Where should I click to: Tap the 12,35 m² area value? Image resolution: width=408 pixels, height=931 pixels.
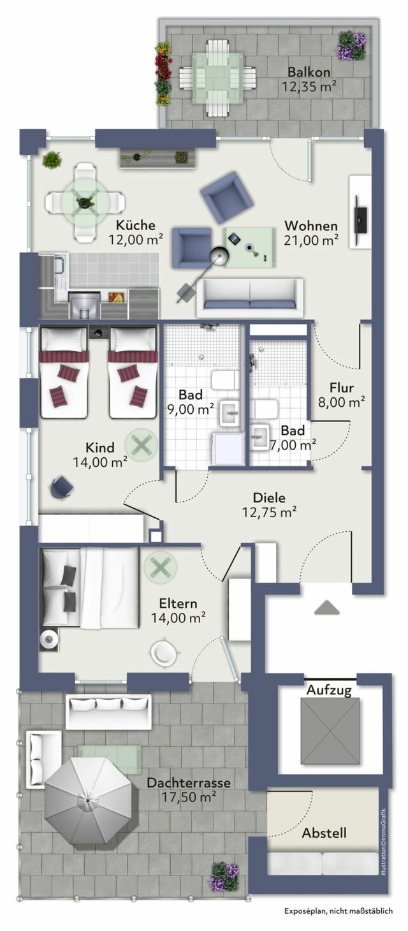pos(310,85)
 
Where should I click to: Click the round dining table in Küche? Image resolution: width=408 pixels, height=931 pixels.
pos(84,203)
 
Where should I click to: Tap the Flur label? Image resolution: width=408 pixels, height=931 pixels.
pos(341,387)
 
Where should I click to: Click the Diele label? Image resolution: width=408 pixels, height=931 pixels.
pos(269,498)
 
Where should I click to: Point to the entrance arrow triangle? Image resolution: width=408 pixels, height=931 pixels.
pos(326,608)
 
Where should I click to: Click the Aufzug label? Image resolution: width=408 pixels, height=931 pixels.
pos(329,690)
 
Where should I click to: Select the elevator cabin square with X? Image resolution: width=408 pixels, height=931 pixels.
pos(330,730)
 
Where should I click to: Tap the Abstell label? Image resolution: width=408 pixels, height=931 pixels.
pos(324,833)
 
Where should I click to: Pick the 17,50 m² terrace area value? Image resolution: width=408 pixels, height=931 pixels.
pos(189,796)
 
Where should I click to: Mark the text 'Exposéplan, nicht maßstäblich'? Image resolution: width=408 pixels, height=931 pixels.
pos(339,913)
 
